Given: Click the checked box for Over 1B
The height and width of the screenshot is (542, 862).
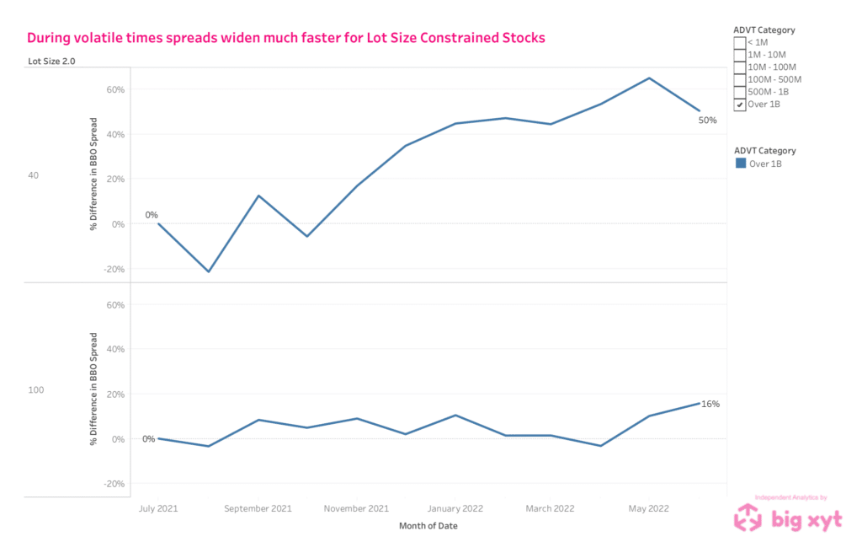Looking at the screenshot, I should coord(740,105).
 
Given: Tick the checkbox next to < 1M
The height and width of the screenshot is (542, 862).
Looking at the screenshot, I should coord(740,42).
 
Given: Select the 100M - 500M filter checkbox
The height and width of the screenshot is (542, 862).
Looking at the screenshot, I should coord(740,79).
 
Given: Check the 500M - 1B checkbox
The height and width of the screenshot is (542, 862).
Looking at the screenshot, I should coord(740,92).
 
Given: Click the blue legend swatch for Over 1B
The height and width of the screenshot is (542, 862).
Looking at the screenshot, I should coord(741,164).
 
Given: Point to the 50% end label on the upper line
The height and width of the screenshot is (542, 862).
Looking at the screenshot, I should coord(707,120).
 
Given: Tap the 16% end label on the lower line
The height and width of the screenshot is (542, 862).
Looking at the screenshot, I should coord(710,404).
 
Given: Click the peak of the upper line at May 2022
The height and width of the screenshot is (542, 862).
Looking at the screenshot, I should coord(649,78).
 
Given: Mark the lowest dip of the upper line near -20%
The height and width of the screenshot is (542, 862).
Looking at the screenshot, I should coord(209,271).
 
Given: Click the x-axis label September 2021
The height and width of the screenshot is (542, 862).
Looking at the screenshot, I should coord(259,508).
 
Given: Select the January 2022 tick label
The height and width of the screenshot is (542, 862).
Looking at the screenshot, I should coord(455,508).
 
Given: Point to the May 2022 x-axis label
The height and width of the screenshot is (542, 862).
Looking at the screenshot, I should coord(649,508).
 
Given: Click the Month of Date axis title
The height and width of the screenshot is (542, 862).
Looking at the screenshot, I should coord(429,527).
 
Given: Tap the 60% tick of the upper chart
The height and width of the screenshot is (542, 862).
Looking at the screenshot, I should coord(114,89).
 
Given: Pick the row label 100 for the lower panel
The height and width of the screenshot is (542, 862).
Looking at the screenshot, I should coord(36,389).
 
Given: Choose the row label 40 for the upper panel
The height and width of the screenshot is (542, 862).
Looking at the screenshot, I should coord(34,175).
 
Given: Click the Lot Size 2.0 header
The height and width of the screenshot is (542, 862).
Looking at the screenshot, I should coord(51,61).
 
